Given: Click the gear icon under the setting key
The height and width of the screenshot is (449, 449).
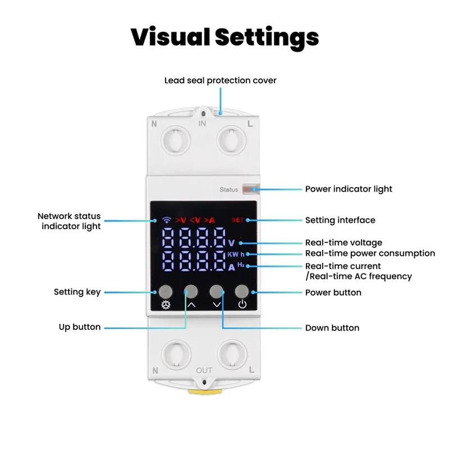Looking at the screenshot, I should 166,306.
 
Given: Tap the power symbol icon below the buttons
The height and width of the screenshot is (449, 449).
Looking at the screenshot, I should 242,306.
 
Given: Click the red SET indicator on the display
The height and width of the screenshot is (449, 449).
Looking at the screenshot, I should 238,220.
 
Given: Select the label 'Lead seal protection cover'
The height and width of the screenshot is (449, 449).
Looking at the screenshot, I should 220,80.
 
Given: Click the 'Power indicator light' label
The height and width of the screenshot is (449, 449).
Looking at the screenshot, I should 349,189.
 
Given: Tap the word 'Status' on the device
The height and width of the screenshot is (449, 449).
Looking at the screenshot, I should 228,190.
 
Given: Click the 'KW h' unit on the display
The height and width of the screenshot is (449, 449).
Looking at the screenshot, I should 236,254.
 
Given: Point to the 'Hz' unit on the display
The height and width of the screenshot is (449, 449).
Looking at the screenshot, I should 241,264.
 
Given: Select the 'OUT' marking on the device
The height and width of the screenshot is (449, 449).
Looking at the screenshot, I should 204,370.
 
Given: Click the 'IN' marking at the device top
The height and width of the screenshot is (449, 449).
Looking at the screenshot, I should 203,123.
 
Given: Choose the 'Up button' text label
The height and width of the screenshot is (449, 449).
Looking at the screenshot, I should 80,327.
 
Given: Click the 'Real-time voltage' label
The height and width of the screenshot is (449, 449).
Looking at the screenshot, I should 343,243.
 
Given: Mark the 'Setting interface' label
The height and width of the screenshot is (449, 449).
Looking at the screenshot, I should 340,220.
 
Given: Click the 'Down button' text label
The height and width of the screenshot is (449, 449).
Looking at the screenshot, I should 332,328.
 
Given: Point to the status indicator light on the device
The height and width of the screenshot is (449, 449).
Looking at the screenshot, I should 248,190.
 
